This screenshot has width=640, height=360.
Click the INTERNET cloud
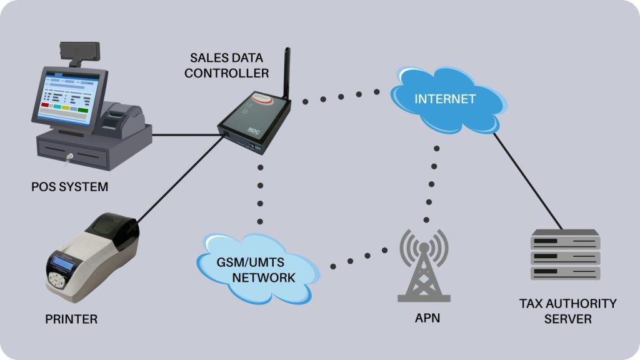pos(445,100)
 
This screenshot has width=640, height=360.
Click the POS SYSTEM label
pos(69,187)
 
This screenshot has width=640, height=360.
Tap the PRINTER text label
pos(71,319)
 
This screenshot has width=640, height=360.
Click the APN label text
pos(427,318)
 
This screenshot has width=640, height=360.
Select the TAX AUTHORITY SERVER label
pos(567,311)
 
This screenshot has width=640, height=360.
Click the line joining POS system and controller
pos(185,134)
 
